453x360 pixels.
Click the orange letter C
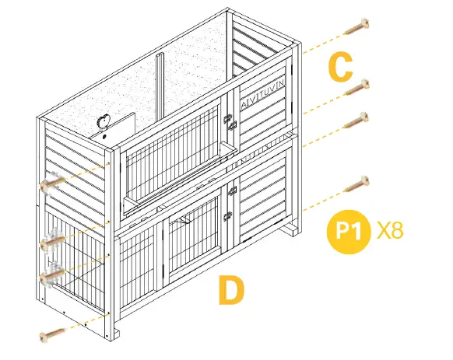coord(341,67)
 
